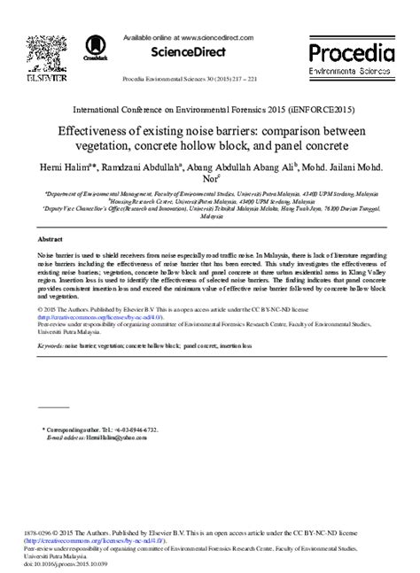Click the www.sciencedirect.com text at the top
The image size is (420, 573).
click(x=215, y=38)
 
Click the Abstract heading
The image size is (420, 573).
click(x=51, y=239)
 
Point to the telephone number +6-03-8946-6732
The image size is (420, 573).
click(x=135, y=430)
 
